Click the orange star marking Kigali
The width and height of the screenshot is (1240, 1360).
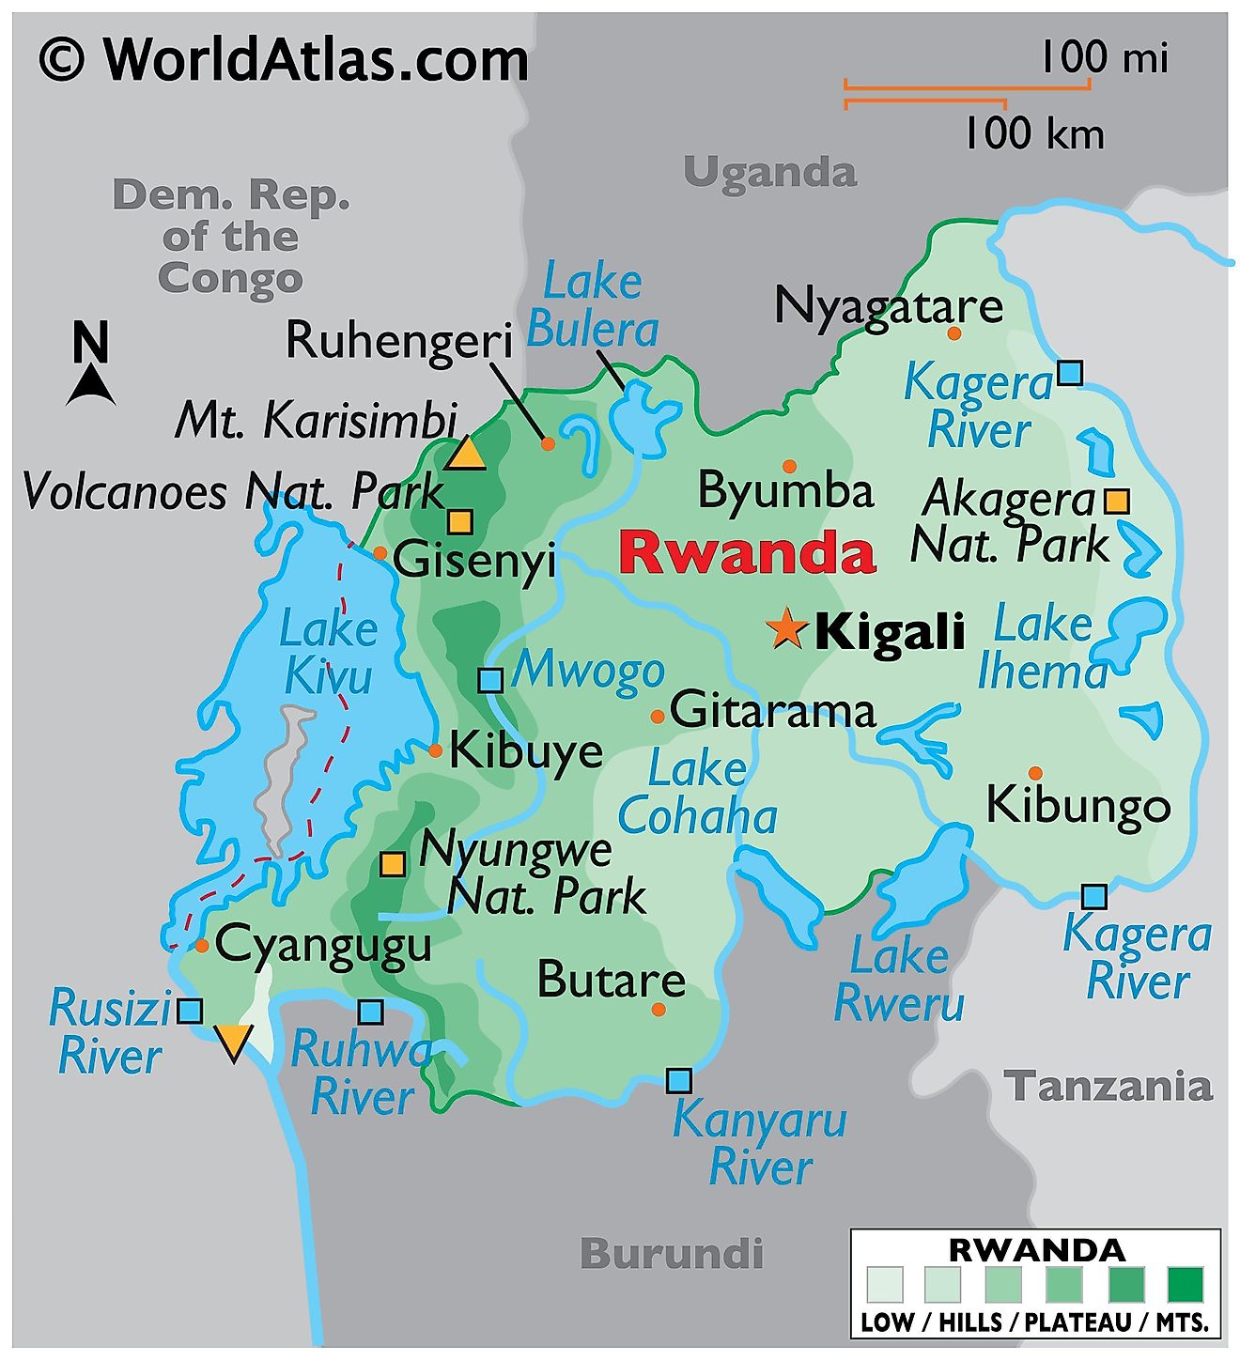(785, 628)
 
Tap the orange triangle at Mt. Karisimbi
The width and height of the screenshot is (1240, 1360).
(464, 455)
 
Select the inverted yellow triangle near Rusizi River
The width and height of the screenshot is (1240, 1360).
(232, 1042)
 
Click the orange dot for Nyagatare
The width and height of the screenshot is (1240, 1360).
(953, 332)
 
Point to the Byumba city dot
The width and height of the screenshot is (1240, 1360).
(789, 466)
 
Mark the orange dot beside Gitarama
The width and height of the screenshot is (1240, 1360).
(658, 717)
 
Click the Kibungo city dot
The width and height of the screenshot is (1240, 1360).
(1034, 773)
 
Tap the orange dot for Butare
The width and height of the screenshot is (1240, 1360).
(659, 1009)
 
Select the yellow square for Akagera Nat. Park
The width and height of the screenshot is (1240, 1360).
(1116, 501)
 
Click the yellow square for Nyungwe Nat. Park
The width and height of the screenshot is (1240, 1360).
(393, 863)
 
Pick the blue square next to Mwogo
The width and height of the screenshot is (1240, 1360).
(490, 680)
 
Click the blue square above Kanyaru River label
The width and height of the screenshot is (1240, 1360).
(678, 1080)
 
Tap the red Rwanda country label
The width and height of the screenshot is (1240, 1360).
(747, 552)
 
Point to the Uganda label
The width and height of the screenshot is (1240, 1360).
(770, 172)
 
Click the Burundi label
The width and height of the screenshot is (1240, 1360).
(672, 1253)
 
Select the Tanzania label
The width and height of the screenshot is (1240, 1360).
(1108, 1087)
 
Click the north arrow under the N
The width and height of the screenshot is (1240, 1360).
(91, 385)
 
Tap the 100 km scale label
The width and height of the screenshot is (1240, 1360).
(1033, 133)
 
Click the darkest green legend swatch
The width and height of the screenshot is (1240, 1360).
(1185, 1284)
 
